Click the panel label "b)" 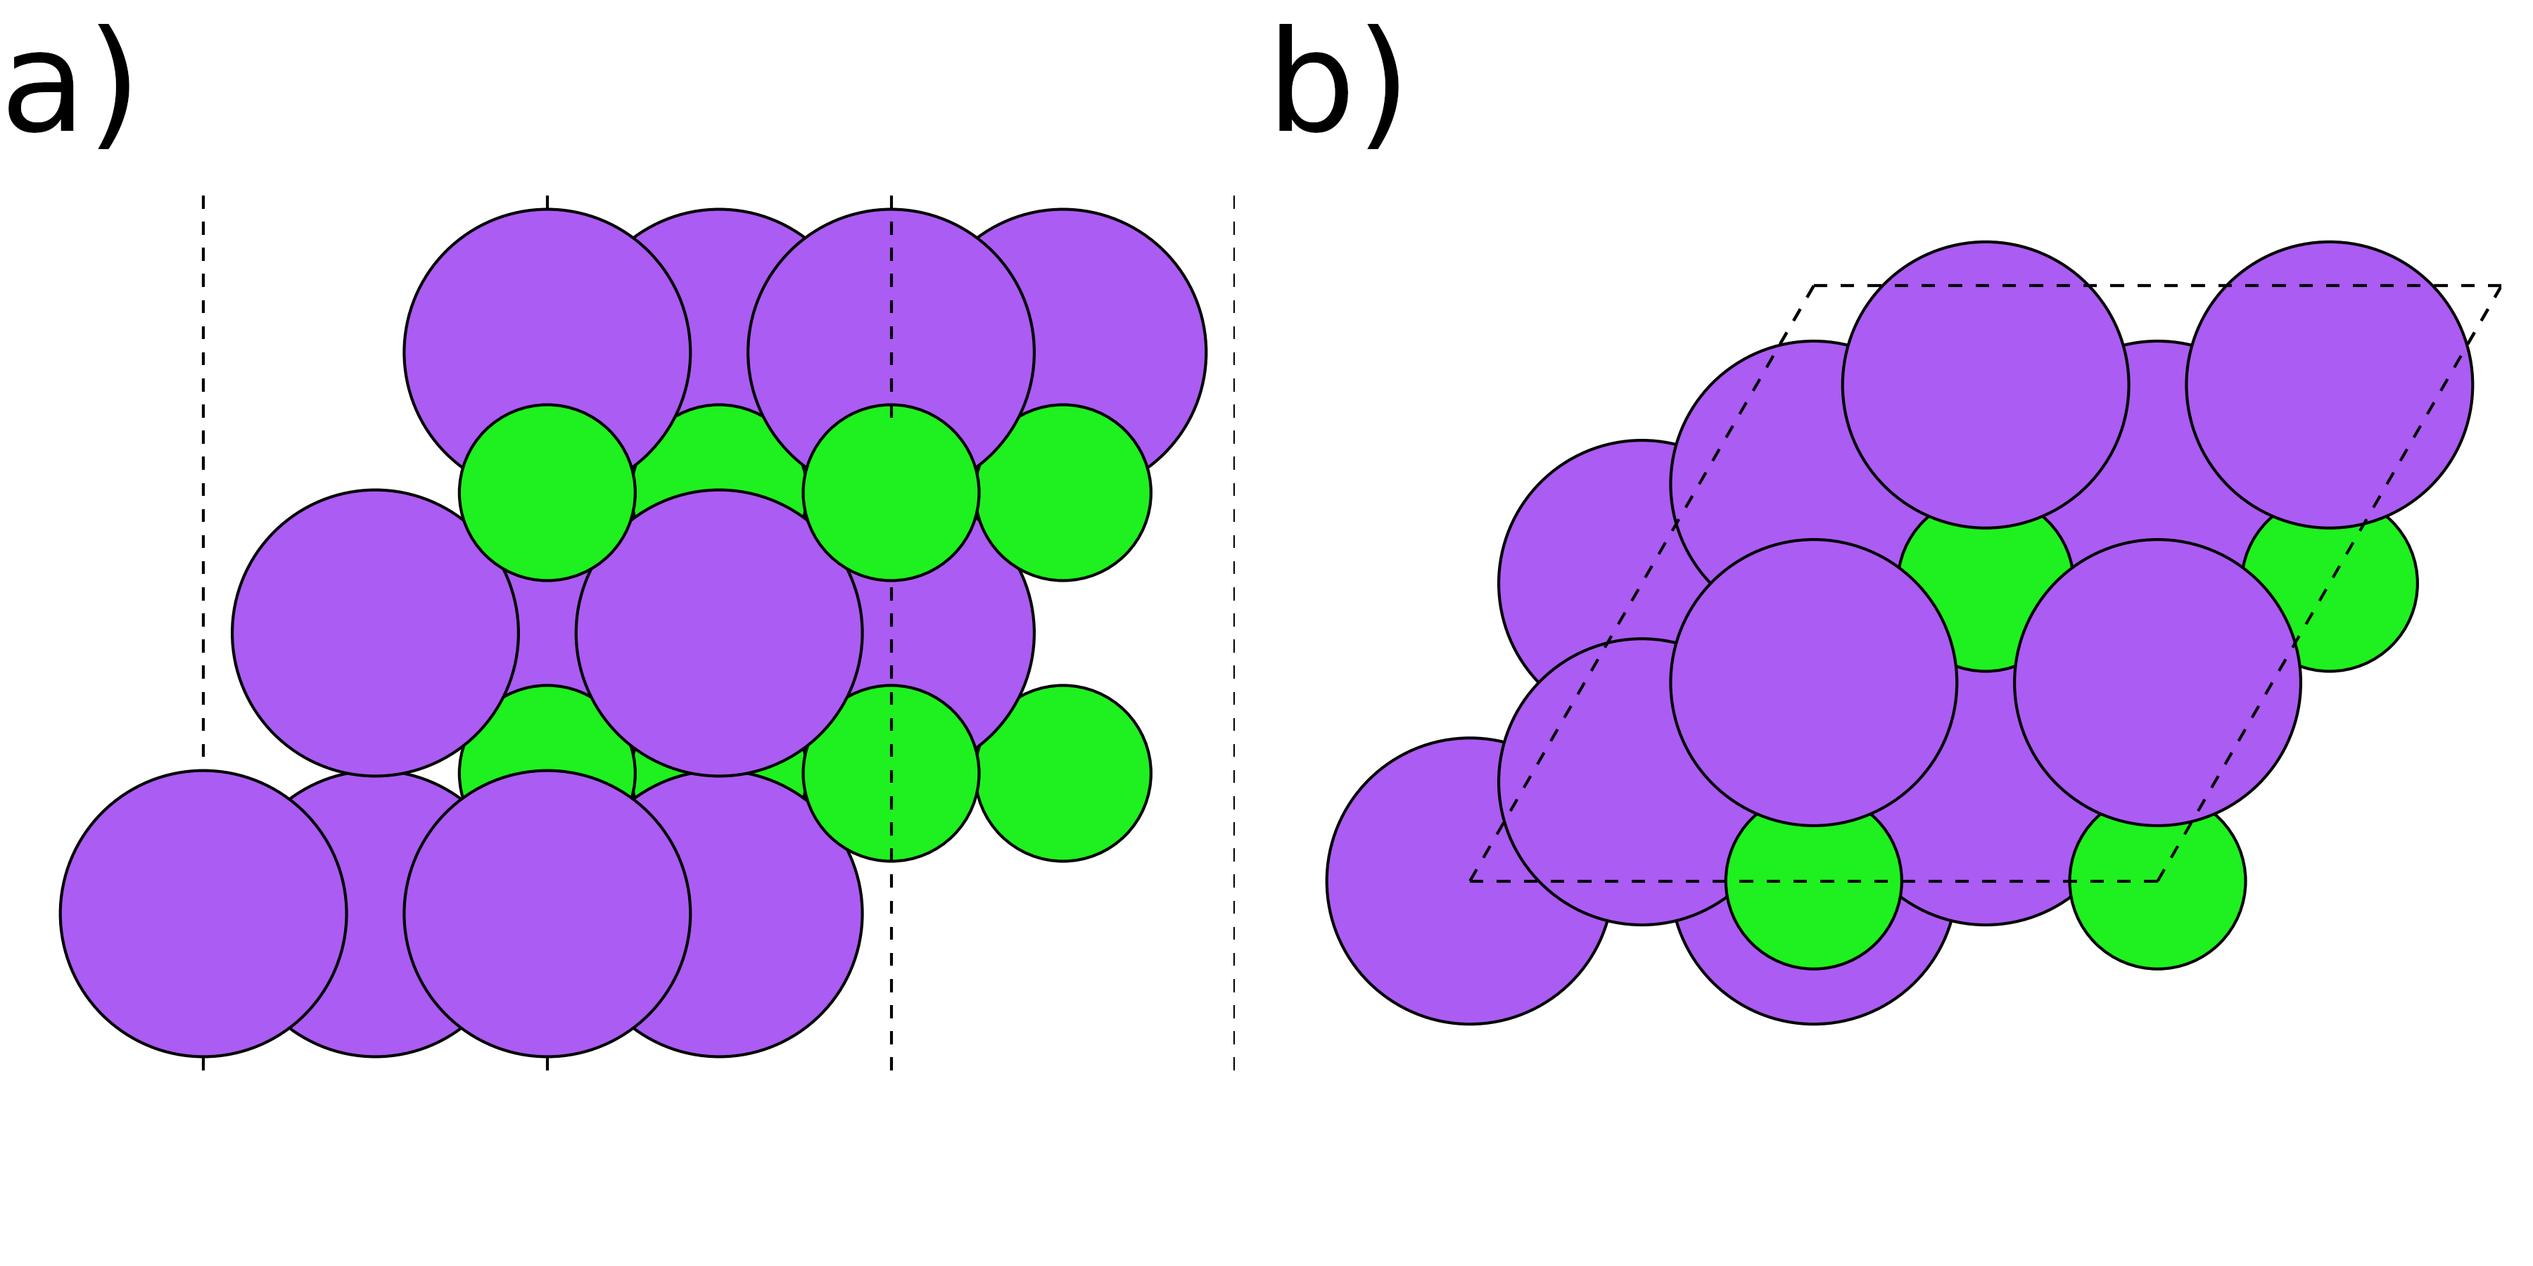click(1338, 89)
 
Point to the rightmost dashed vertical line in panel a click(1234, 629)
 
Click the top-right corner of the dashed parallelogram click(2501, 286)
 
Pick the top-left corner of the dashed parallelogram click(1814, 286)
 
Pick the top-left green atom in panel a click(547, 492)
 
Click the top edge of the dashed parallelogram click(2164, 286)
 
